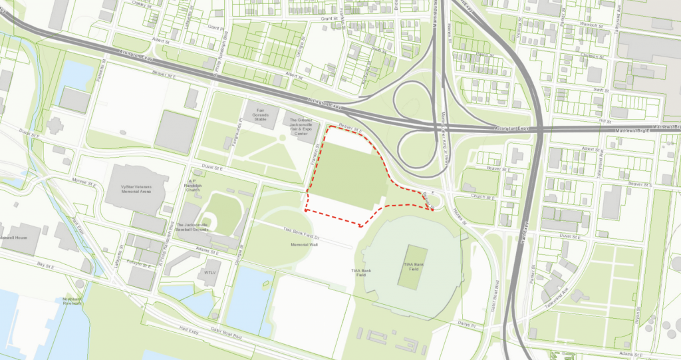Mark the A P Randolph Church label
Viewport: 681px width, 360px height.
[193, 185]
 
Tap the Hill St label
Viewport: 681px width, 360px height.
[604, 121]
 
